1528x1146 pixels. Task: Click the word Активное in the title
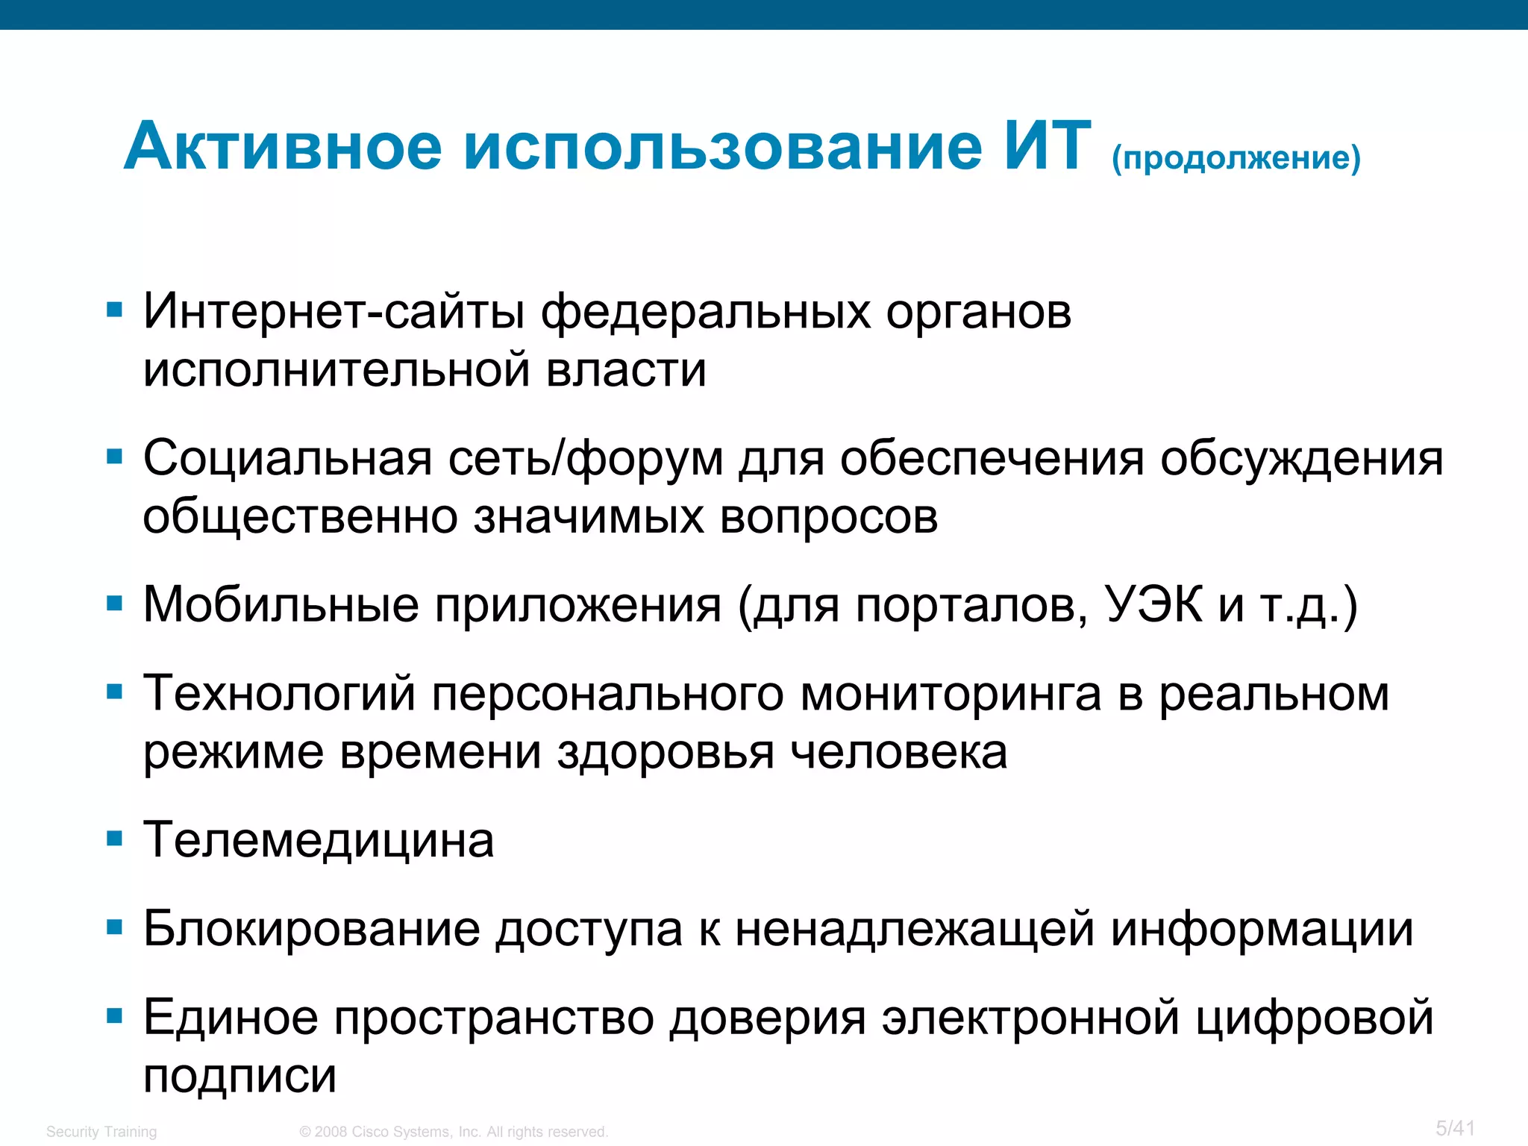283,146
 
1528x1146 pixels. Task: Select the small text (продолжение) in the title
1236,158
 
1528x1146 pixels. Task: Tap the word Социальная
287,457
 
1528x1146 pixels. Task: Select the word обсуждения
1301,457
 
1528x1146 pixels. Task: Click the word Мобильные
281,604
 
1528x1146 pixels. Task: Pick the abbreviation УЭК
1153,604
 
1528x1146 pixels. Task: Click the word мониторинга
951,693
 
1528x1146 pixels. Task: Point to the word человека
898,752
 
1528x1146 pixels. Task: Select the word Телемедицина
319,840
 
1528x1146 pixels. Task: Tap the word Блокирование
312,929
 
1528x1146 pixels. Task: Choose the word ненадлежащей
915,929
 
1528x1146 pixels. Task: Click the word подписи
239,1076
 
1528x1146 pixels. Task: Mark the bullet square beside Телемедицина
114,839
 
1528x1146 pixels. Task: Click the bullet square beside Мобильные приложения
114,603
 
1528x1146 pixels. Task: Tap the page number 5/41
1455,1128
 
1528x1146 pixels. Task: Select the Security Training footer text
101,1132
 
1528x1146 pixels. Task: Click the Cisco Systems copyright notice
454,1132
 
